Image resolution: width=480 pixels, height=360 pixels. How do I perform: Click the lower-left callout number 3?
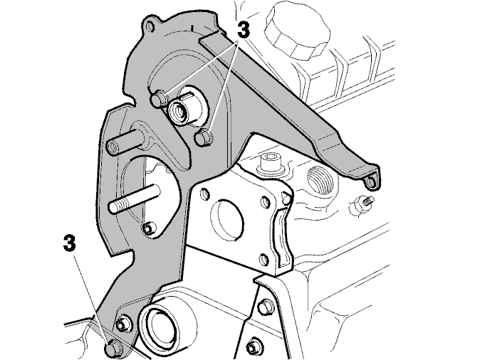pos(70,243)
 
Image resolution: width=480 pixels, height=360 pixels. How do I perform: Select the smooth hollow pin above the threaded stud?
pos(125,141)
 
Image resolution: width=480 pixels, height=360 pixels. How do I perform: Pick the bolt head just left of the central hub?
pos(160,98)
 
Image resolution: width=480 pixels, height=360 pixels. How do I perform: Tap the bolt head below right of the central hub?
pos(204,137)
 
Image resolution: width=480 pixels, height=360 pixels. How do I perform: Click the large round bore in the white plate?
pos(227,221)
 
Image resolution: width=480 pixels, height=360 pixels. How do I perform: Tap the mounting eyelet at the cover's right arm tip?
pos(370,182)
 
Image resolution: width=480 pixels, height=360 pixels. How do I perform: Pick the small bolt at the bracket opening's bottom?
pos(148,228)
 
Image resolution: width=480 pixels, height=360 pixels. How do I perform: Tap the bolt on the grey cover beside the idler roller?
pos(124,322)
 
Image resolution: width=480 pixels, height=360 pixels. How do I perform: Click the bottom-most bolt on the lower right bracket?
pos(253,348)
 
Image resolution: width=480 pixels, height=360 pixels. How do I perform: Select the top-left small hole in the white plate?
pos(204,194)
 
